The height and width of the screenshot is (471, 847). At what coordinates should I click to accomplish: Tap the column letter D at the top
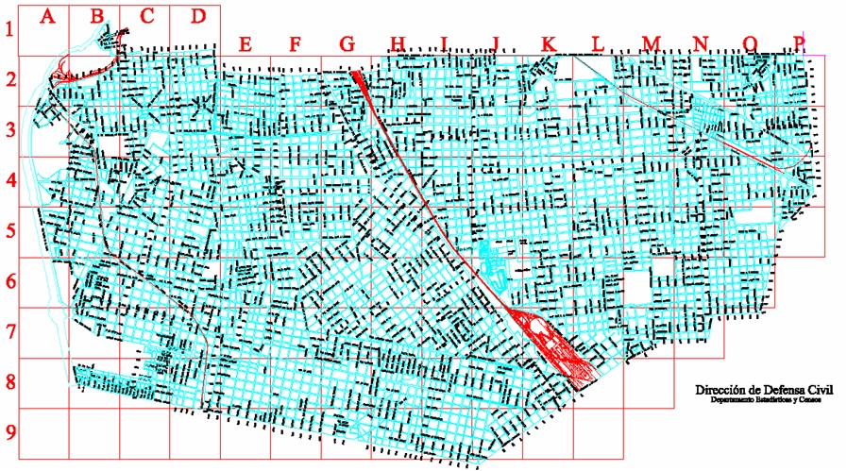point(197,16)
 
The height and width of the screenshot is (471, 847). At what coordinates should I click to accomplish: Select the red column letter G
point(347,43)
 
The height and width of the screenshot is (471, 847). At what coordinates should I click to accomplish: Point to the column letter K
point(548,43)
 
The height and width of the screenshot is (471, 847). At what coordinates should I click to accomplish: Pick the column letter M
point(652,43)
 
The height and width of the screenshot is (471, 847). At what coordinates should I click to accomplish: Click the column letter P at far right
point(802,42)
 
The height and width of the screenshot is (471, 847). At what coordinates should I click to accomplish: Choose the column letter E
point(246,43)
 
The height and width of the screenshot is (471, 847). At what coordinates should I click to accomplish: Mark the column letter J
point(496,44)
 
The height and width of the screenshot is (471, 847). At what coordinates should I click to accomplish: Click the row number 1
point(9,29)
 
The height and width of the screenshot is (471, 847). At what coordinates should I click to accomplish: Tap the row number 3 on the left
point(9,129)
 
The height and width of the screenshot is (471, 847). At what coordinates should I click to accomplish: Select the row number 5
point(9,231)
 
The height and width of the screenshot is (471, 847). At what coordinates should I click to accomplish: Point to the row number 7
point(9,332)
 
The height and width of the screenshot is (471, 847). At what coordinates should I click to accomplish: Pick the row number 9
point(9,432)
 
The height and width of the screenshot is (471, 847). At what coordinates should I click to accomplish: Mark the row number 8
point(9,383)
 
